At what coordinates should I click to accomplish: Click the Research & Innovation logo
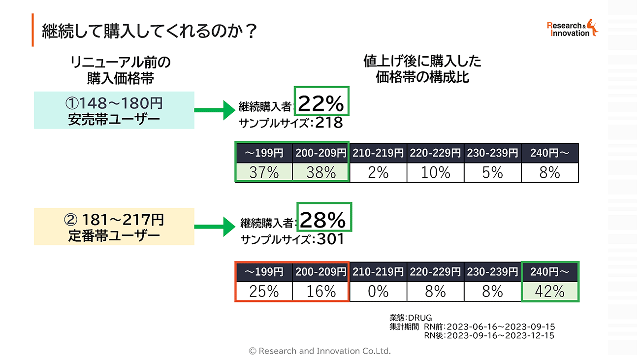573,29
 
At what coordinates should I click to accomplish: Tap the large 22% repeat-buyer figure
321,104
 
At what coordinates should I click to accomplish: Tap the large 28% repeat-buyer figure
324,220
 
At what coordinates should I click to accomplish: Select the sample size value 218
329,123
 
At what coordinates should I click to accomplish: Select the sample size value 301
330,239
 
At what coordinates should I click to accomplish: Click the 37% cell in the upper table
264,173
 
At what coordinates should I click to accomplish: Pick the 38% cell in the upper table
321,173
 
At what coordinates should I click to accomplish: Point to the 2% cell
378,173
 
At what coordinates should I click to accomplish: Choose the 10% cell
435,173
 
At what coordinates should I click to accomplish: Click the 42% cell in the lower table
550,291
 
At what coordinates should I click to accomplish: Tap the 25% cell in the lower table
264,291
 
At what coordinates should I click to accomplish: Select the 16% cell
321,291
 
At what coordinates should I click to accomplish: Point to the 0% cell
378,291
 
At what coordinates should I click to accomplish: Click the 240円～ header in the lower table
550,271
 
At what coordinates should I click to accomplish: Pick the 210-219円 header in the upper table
378,153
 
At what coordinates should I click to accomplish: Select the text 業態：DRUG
410,318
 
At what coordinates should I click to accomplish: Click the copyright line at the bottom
320,351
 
